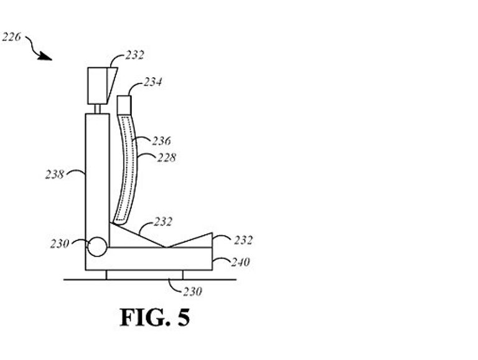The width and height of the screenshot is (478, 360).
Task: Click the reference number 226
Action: [12, 37]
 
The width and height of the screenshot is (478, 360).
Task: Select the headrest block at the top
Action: [96, 85]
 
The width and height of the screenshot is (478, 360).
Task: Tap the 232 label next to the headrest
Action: [134, 55]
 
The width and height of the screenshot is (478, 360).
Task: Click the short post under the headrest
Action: [97, 108]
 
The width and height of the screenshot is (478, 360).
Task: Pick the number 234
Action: [153, 82]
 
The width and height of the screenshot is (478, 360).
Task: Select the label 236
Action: [161, 141]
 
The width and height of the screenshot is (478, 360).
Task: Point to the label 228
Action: [165, 158]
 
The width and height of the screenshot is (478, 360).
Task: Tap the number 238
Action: [55, 175]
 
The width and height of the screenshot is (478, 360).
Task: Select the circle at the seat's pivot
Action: [96, 247]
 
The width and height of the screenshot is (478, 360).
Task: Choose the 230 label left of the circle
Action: [60, 244]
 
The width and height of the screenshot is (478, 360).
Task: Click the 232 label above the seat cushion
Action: [162, 222]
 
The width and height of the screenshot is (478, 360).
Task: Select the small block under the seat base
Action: [144, 275]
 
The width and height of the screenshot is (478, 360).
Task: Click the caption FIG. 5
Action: [154, 318]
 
